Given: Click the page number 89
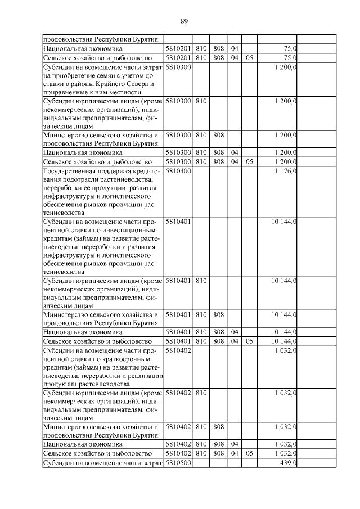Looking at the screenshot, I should click(184, 21).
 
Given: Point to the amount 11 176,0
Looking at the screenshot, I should click(283, 171).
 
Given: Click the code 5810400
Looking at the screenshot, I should click(179, 171).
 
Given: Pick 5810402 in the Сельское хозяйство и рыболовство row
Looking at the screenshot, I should click(179, 453).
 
